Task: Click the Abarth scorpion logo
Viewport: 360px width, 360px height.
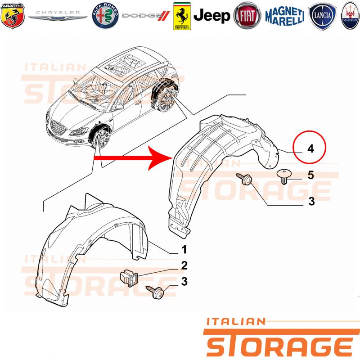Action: pos(13,15)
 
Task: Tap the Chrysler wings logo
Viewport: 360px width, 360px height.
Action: pos(58,15)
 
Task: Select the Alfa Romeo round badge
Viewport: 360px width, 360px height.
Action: pos(105,16)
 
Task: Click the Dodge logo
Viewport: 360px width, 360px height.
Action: pos(146,16)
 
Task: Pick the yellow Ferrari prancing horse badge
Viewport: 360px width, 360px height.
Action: pos(182,16)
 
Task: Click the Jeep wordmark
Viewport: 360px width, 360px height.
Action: pos(211,16)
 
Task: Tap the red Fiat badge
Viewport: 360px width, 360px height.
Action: pos(247,16)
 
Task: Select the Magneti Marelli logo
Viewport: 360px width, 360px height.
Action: pos(285,16)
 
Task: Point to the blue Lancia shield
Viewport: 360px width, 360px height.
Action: pos(323,16)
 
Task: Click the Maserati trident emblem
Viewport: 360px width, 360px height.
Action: pos(350,16)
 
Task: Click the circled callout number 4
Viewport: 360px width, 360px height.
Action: pos(310,148)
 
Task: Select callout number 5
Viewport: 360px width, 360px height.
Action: pos(310,175)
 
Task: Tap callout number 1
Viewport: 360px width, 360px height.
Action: pos(184,249)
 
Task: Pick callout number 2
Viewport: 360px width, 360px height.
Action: pos(184,265)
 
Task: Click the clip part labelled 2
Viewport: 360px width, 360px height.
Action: pos(129,278)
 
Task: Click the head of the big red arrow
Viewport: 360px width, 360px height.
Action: pos(161,158)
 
